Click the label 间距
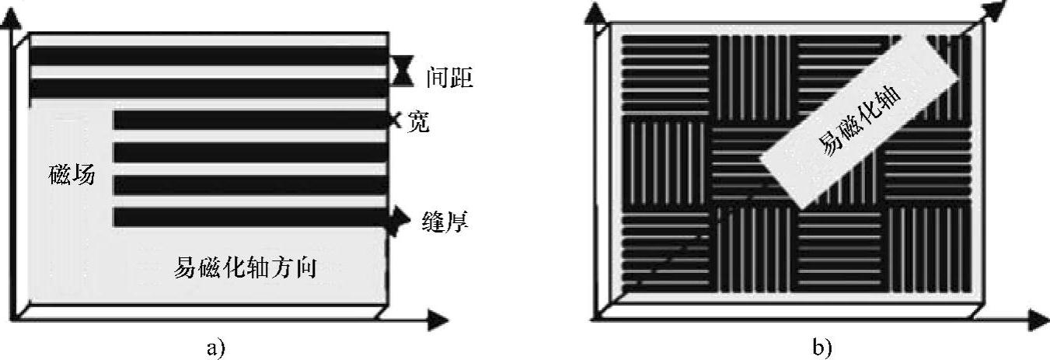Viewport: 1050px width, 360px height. (x=449, y=79)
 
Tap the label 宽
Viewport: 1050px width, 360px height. (x=417, y=122)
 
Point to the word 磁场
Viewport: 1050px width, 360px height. (x=70, y=176)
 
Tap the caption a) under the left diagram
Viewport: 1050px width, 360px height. (x=215, y=348)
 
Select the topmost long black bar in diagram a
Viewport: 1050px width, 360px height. (x=208, y=57)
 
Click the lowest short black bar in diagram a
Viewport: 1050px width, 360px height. (x=250, y=217)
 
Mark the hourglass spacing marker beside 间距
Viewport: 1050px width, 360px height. (x=400, y=72)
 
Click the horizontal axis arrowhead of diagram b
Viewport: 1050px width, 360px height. (x=1038, y=320)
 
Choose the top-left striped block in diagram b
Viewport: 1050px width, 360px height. (x=665, y=75)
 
